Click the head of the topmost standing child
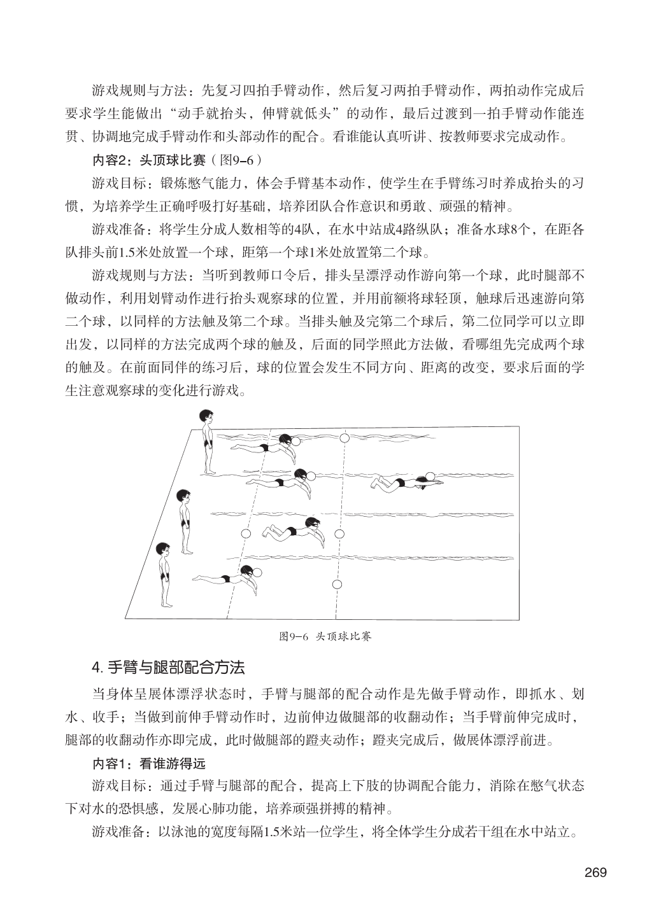tap(206, 416)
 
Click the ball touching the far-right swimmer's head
tap(431, 475)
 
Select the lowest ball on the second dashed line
tap(338, 584)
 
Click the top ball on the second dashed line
tap(345, 438)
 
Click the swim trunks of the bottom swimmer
tap(224, 580)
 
